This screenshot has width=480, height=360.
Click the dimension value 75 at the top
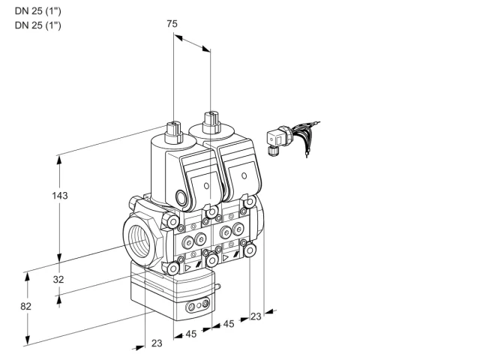pos(172,23)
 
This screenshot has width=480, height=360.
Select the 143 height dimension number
pos(60,195)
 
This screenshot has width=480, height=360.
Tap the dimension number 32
pos(58,279)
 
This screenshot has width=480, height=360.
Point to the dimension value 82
pos(25,306)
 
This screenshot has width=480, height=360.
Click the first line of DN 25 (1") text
pos(38,11)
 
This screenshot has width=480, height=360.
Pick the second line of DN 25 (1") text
pos(38,25)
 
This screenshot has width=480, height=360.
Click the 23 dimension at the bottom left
pos(157,343)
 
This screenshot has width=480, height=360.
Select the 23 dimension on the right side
pos(256,316)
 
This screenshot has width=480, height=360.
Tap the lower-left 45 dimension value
pos(191,334)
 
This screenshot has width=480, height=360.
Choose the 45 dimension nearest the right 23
pos(228,324)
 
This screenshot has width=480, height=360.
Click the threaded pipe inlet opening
pos(140,237)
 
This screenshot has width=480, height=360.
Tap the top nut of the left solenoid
pos(173,133)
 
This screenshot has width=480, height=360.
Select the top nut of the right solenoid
pos(211,123)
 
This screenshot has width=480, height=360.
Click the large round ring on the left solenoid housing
pos(181,196)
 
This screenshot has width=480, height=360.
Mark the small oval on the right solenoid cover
pos(244,175)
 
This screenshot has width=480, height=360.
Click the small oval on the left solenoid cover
pos(207,185)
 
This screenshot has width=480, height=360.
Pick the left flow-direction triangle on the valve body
pos(187,268)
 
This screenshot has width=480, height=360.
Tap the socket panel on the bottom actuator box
pos(198,305)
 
